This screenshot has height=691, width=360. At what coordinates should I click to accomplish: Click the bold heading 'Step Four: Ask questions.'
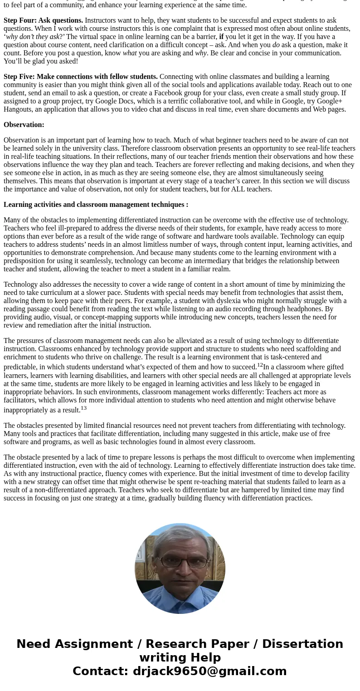click(44, 20)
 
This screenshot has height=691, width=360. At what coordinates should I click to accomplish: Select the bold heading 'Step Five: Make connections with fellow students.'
click(81, 77)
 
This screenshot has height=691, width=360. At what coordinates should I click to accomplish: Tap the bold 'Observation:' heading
click(24, 125)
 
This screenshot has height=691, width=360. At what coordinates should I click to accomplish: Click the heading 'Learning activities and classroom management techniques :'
click(96, 205)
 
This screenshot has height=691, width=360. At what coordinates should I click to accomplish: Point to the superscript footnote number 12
click(260, 365)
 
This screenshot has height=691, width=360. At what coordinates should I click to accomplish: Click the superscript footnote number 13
click(83, 408)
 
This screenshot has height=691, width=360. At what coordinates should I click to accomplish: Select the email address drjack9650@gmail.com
click(209, 671)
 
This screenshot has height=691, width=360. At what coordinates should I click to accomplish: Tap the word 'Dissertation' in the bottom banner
click(302, 644)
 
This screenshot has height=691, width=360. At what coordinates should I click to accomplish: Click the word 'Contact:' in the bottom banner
click(101, 671)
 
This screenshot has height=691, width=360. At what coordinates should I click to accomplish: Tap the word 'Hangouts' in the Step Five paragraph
click(17, 109)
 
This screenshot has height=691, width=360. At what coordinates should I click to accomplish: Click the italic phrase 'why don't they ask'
click(33, 37)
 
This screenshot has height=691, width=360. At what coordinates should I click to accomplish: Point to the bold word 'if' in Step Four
click(221, 37)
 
